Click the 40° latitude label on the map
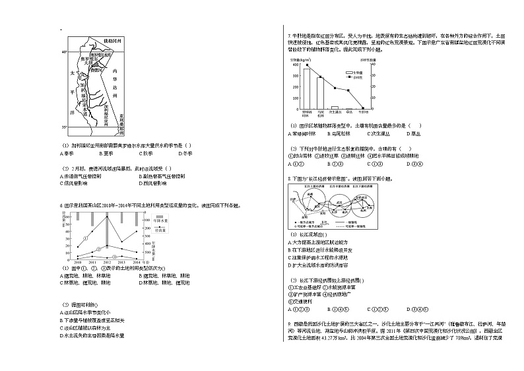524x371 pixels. click(x=64, y=51)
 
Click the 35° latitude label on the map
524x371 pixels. click(x=64, y=126)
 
